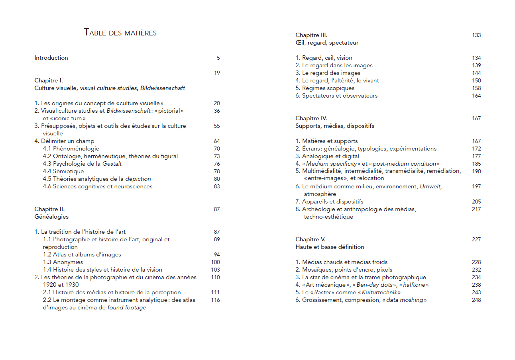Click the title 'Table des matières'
coord(120,33)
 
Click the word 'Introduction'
coord(51,58)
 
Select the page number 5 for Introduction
coord(218,58)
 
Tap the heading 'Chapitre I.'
coord(49,80)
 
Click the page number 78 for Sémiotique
coord(216,171)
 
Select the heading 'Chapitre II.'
coord(49,209)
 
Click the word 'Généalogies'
coord(51,217)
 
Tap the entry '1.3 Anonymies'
coord(63,262)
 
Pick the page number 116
coord(215,300)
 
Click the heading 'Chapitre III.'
coord(311,35)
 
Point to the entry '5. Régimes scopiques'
coord(325,88)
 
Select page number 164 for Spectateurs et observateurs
coord(476,96)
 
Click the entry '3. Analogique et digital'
coord(327,156)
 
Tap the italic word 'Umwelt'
coord(431,186)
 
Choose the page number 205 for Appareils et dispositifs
coord(476,202)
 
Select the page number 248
coord(476,300)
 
